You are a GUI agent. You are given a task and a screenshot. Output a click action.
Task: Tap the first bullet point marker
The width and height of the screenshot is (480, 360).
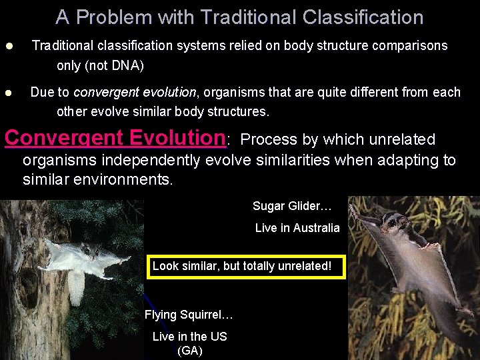pyautogui.click(x=9, y=47)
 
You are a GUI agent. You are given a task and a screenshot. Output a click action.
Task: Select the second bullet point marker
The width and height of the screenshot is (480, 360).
pyautogui.click(x=9, y=93)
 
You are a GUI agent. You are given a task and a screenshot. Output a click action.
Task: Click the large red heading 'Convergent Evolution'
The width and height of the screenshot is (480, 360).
pyautogui.click(x=115, y=137)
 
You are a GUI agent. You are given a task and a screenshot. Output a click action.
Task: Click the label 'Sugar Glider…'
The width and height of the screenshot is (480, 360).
pyautogui.click(x=292, y=206)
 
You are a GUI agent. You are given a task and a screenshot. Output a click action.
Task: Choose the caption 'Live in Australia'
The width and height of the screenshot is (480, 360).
pyautogui.click(x=297, y=228)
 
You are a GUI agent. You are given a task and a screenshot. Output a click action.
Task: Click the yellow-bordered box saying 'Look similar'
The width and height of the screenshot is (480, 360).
pyautogui.click(x=246, y=266)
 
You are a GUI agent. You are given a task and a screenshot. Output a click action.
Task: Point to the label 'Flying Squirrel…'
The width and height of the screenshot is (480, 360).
pyautogui.click(x=189, y=315)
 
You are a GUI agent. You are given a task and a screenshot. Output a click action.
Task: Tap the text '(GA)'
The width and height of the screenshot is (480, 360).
pyautogui.click(x=190, y=350)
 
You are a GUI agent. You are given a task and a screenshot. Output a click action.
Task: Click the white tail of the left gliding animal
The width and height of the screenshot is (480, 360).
pyautogui.click(x=77, y=283)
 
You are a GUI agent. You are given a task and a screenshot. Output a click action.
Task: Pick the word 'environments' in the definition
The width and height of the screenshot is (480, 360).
pyautogui.click(x=127, y=180)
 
